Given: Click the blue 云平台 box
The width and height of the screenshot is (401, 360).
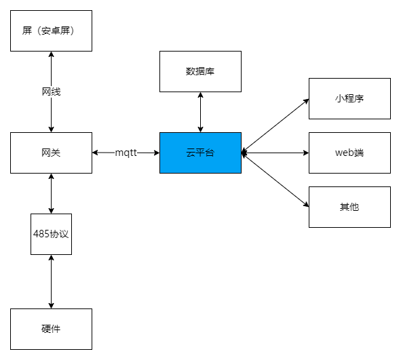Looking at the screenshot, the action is tap(200, 153).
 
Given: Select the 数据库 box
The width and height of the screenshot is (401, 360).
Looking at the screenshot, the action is tap(200, 72).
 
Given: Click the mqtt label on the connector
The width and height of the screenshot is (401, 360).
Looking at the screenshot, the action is tap(126, 153).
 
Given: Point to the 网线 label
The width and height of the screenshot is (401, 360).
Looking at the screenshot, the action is tap(51, 92).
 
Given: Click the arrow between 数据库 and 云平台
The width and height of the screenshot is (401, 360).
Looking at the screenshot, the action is tap(201, 112).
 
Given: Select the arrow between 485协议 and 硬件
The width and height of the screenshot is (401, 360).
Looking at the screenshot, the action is tap(51, 281).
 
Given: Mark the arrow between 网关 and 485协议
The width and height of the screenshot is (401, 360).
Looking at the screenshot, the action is tap(51, 193).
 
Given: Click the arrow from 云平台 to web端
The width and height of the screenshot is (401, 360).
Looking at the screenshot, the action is tap(275, 153).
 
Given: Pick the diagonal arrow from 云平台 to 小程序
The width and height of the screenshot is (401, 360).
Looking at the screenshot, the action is tap(275, 125).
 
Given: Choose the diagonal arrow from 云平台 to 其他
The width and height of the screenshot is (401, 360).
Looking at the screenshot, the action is tap(275, 180).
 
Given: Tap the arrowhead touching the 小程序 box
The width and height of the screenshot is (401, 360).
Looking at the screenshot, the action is tap(306, 101).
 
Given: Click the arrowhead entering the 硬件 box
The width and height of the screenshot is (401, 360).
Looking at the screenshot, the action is tap(51, 306).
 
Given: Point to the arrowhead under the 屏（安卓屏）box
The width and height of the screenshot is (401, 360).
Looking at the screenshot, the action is tap(51, 54).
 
